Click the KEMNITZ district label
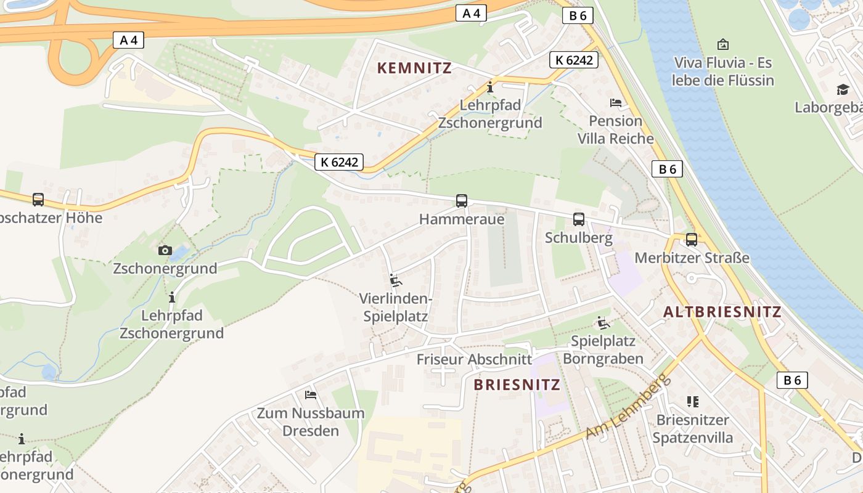pos(415,68)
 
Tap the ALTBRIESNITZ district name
pos(722,312)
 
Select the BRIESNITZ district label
pos(517,385)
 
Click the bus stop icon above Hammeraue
pos(462,200)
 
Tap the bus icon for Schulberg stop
pos(579,219)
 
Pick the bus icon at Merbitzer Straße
pos(692,239)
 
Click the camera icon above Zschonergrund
pos(165,250)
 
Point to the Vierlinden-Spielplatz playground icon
pos(396,280)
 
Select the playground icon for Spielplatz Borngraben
pos(603,322)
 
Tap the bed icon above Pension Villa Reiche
pos(616,102)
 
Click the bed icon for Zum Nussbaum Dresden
pos(311,394)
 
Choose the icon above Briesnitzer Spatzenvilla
pos(693,402)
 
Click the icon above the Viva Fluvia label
pos(723,44)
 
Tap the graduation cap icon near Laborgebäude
pos(843,90)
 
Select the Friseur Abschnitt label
pos(474,359)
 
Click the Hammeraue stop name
pos(462,219)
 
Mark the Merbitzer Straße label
pos(692,258)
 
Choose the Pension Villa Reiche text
pos(616,129)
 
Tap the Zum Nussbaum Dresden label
pos(311,422)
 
